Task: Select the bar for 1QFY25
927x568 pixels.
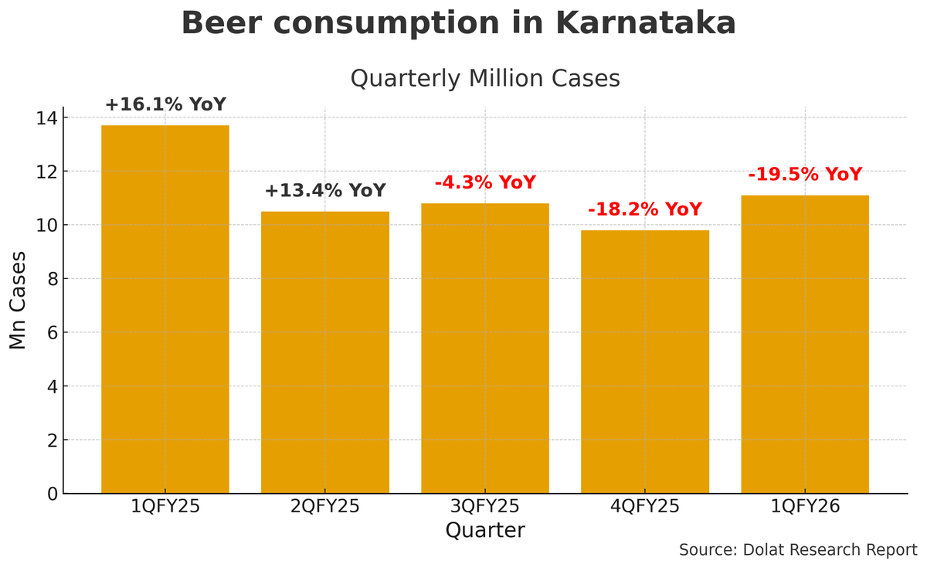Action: coord(165,309)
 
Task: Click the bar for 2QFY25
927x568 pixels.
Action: coord(324,352)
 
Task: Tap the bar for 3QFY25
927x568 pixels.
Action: coord(484,348)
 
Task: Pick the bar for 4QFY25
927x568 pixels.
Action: coord(644,362)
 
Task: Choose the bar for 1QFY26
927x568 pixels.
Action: coord(804,344)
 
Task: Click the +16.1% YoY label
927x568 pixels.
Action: coord(165,105)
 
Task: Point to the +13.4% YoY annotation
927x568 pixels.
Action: coord(324,191)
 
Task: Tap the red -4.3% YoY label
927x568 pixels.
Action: coord(484,183)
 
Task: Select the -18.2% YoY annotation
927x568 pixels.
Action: coord(644,209)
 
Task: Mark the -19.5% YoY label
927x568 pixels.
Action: coord(804,175)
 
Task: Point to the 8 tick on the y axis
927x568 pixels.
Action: coord(52,279)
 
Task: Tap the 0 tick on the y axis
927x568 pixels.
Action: coord(52,494)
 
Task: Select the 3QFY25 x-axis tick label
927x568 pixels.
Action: coord(484,507)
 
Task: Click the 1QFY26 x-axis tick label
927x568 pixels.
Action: coord(804,507)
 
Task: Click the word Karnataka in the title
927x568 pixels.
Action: coord(645,23)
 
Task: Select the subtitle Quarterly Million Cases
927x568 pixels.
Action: coord(484,79)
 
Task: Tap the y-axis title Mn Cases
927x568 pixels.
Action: coord(19,300)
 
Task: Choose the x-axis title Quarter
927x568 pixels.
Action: coord(484,531)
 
